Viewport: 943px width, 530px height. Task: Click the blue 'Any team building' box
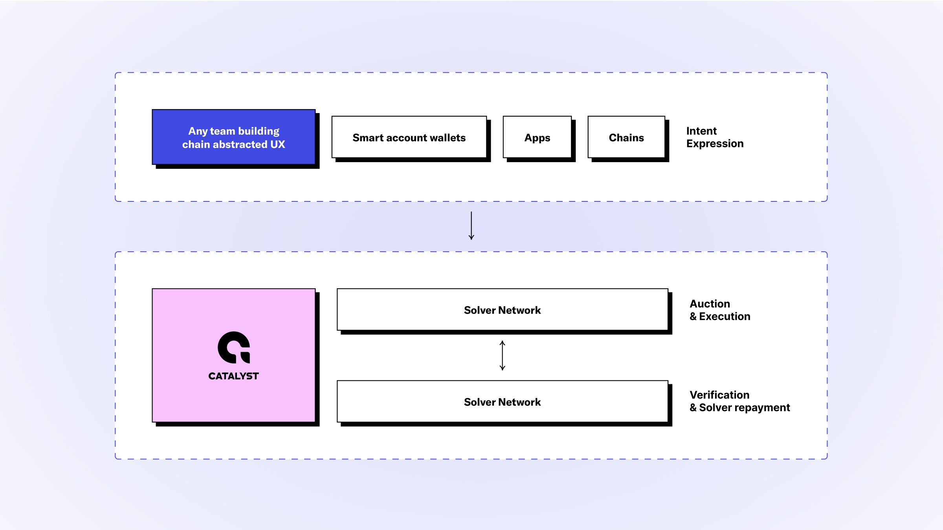234,137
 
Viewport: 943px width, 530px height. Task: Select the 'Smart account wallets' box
409,137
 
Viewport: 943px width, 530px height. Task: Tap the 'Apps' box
537,137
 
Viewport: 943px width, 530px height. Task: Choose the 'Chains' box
626,137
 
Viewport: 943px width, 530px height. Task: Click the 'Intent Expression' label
715,137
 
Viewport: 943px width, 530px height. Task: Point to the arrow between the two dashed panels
472,226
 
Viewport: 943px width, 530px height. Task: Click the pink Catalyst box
234,355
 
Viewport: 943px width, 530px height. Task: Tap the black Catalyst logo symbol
234,347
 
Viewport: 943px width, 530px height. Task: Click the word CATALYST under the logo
233,376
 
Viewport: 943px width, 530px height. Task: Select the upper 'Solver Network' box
503,310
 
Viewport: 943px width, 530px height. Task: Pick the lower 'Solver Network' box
503,402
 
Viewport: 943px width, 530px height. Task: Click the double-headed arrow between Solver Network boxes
503,356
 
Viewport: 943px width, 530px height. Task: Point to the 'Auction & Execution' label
720,310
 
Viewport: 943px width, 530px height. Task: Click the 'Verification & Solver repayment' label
740,401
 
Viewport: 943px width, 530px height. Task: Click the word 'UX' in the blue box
277,144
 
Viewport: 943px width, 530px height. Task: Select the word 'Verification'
719,395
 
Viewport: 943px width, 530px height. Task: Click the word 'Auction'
710,304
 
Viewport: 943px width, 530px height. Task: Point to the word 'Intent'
701,131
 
